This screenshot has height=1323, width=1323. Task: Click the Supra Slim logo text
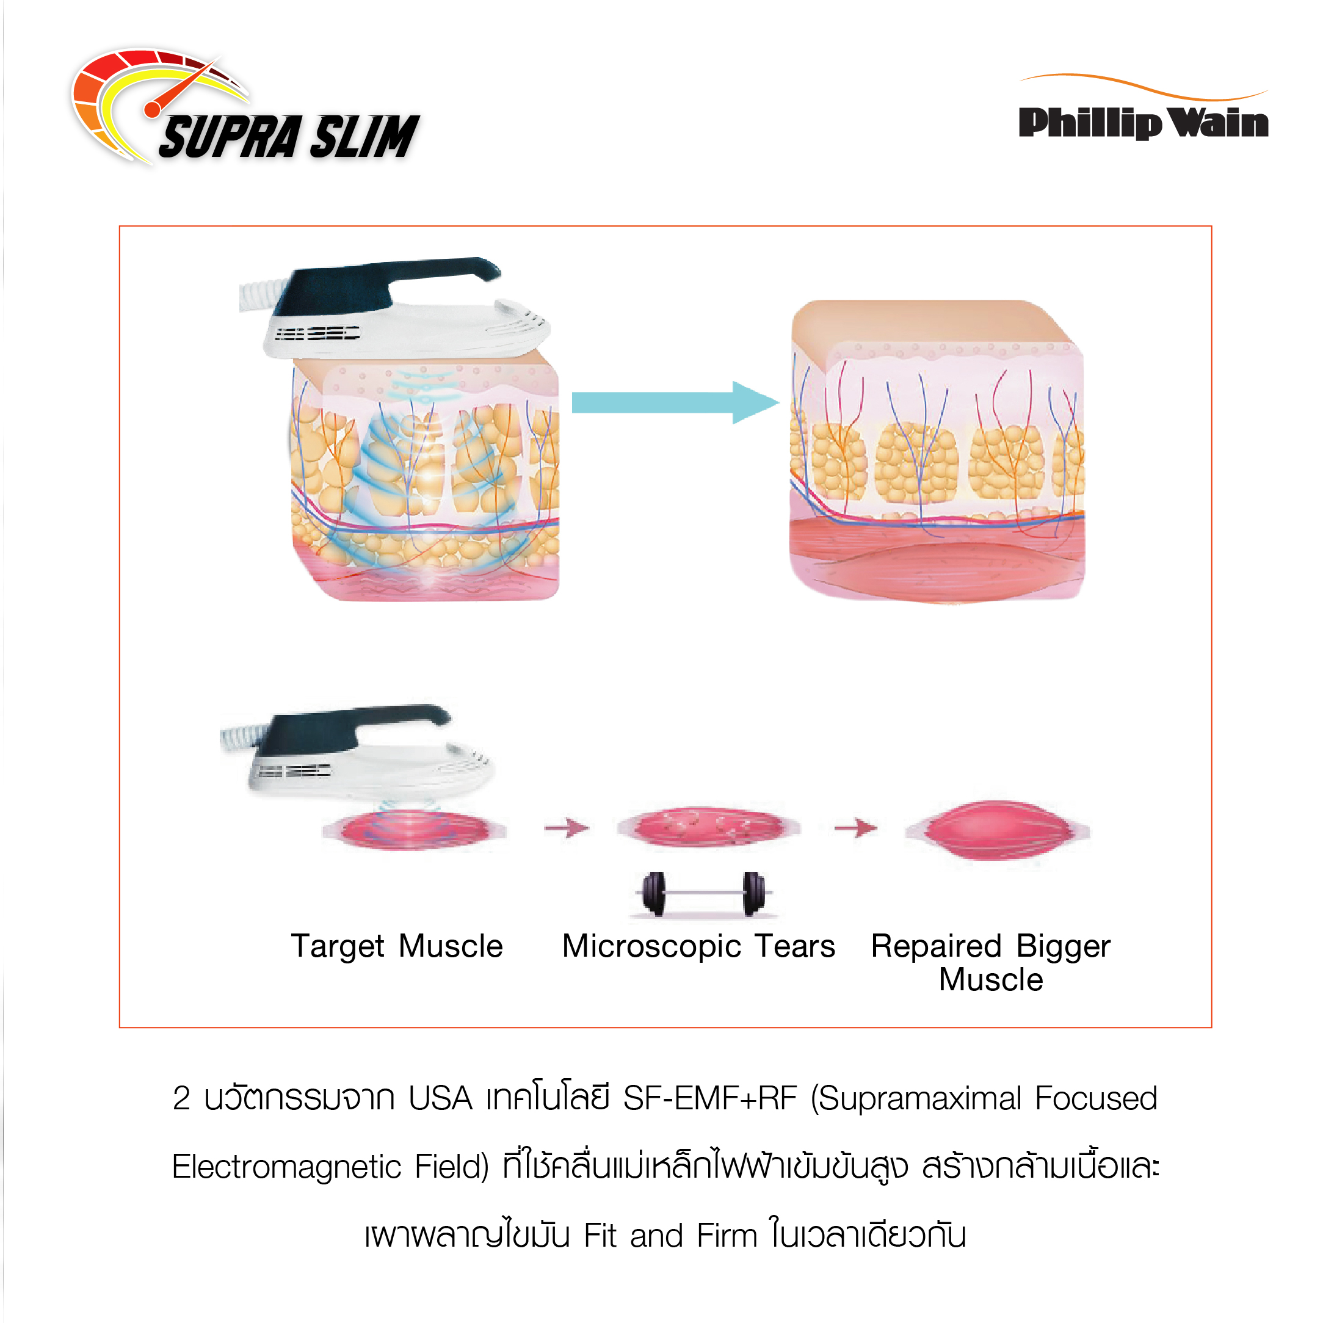coord(288,137)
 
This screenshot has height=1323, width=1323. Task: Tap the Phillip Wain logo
coord(1143,122)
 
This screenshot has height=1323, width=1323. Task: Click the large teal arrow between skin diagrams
coord(675,403)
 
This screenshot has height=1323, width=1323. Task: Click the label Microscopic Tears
coord(698,946)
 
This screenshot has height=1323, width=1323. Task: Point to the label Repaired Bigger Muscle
coord(990,962)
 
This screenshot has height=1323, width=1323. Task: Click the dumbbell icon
coord(705,894)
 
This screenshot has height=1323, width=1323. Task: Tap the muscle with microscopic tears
coord(708,827)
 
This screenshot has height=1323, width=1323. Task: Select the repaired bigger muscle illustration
coord(997,832)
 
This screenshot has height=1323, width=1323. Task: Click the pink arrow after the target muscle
coord(567,828)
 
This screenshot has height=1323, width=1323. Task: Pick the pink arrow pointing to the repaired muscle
coord(855,828)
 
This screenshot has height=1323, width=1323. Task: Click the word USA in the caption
coord(440,1098)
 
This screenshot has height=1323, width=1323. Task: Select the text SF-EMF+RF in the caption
coord(709,1098)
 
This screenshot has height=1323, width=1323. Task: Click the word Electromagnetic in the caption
coord(286,1167)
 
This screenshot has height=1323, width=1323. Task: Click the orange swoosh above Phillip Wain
coord(1143,86)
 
